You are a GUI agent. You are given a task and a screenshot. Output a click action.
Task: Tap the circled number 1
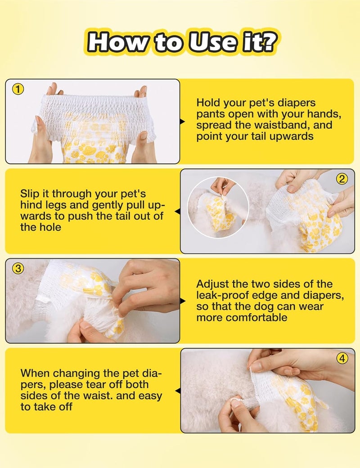point(18,89)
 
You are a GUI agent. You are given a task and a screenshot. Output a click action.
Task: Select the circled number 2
point(342,179)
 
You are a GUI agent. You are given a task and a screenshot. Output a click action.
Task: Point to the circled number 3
point(18,268)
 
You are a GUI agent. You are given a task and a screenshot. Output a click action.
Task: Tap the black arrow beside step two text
point(178,211)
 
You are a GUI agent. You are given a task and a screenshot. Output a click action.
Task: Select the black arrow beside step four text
point(178,391)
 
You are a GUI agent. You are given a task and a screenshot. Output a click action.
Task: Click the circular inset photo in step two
point(218,207)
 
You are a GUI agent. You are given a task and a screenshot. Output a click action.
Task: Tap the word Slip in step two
point(29,194)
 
